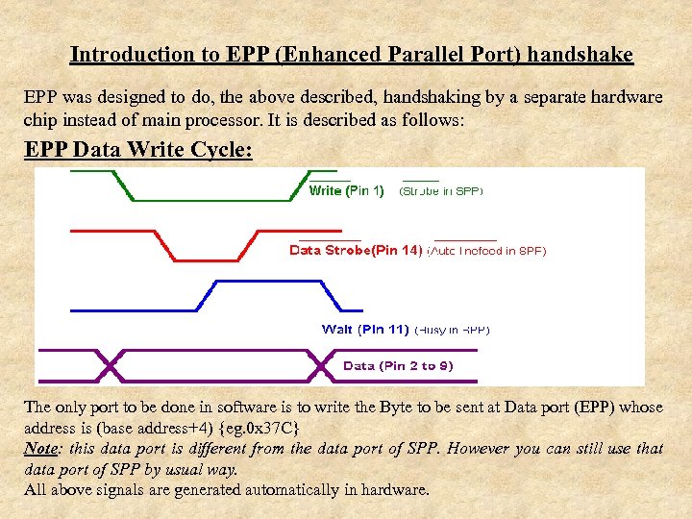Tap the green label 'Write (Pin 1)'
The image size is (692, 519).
pyautogui.click(x=346, y=191)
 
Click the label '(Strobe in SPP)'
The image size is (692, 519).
pyautogui.click(x=440, y=191)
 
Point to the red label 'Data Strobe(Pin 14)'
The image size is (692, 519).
pyautogui.click(x=356, y=251)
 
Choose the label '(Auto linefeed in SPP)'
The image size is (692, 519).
pyautogui.click(x=485, y=252)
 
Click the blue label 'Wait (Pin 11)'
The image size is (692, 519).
pyautogui.click(x=365, y=330)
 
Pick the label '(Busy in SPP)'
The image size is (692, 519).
pyautogui.click(x=452, y=330)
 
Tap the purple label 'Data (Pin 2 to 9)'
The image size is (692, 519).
pyautogui.click(x=398, y=366)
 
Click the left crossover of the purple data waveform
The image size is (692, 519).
pyautogui.click(x=110, y=365)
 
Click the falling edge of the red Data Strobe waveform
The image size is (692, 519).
pyautogui.click(x=161, y=246)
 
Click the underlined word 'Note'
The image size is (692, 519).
pyautogui.click(x=42, y=449)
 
